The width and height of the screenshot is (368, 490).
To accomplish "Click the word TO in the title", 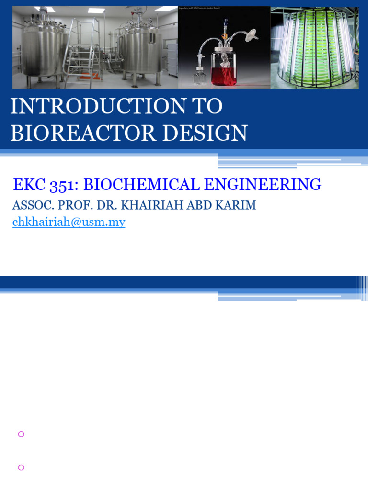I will point(207,107).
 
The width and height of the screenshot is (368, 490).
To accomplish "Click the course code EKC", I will point(29,185).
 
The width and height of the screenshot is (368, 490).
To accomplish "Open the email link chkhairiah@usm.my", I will point(69,222).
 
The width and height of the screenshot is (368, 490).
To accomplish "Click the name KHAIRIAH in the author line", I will point(150,205).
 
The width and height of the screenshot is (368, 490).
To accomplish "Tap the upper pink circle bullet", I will point(21,434).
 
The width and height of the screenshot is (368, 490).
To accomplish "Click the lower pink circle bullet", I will point(21,468).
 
